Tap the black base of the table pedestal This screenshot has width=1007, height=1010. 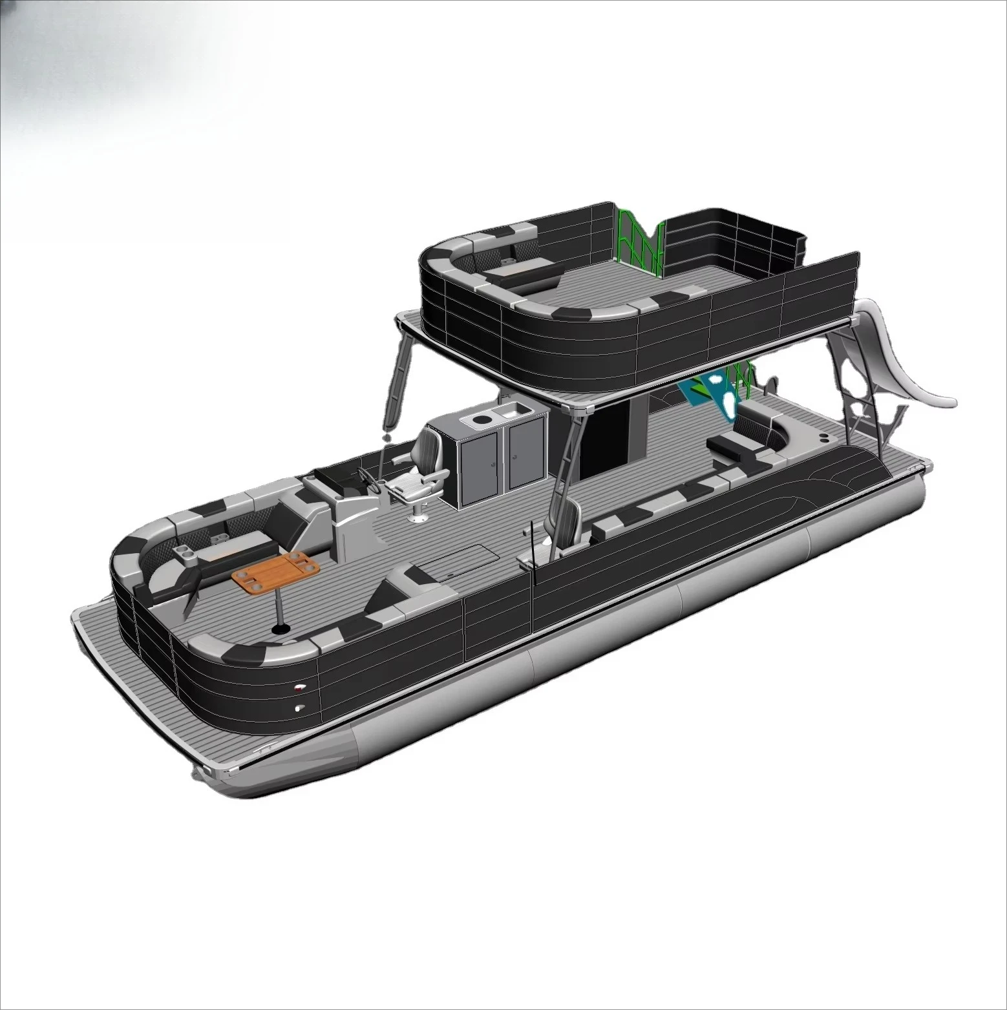pos(282,629)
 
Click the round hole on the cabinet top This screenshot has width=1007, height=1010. pos(480,420)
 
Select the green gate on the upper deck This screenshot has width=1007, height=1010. pos(638,240)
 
